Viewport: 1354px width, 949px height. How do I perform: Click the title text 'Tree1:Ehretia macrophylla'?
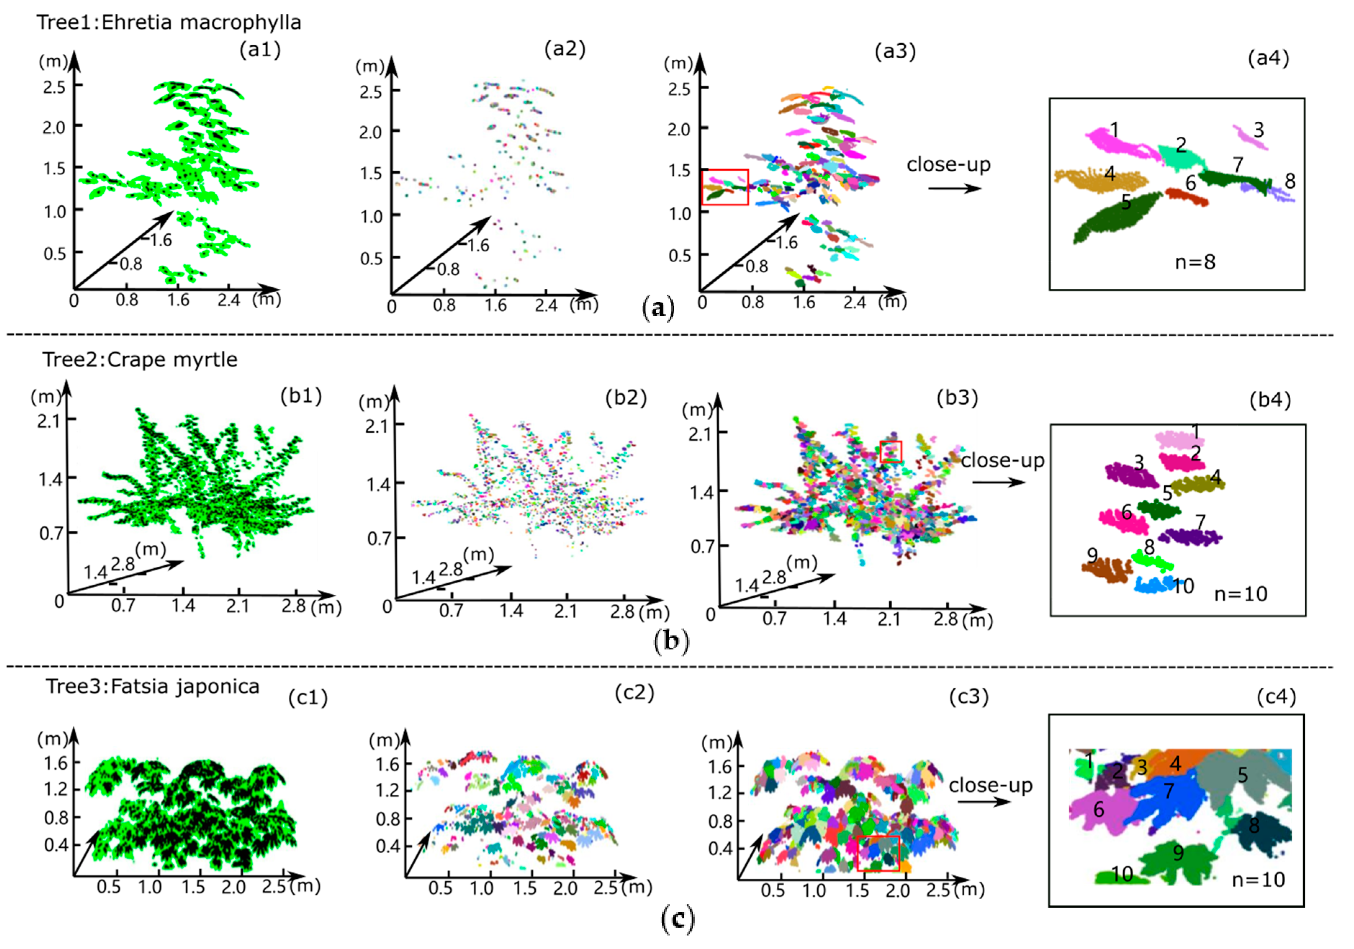pyautogui.click(x=169, y=22)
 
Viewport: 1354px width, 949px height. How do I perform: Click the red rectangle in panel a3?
pyautogui.click(x=725, y=187)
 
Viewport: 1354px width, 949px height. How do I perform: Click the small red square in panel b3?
pyautogui.click(x=890, y=451)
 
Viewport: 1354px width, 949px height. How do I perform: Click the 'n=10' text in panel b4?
pyautogui.click(x=1240, y=594)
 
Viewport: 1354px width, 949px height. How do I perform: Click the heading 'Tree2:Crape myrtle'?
pyautogui.click(x=140, y=359)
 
